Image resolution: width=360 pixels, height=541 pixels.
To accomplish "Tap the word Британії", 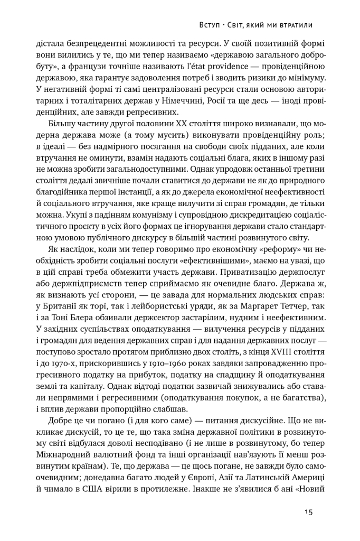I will pos(60,306).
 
